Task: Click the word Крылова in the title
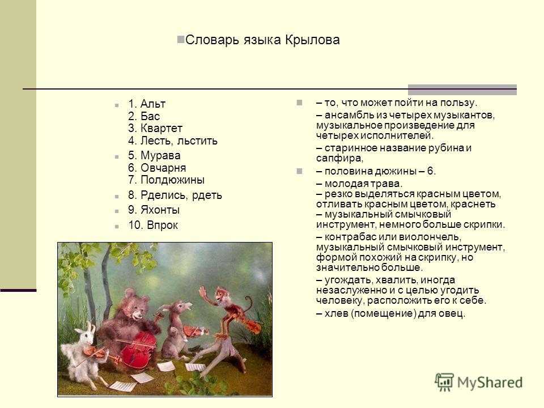tap(312, 40)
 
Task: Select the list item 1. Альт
tap(147, 103)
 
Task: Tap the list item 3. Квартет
tap(155, 128)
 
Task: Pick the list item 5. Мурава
tap(154, 155)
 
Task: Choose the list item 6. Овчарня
tap(157, 168)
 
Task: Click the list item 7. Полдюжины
tap(166, 180)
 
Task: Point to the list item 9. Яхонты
tap(154, 210)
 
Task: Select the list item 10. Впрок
tap(152, 225)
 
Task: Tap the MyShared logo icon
tap(444, 382)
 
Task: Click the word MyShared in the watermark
tap(490, 382)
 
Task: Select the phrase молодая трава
tap(363, 184)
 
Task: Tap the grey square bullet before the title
tap(180, 39)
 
